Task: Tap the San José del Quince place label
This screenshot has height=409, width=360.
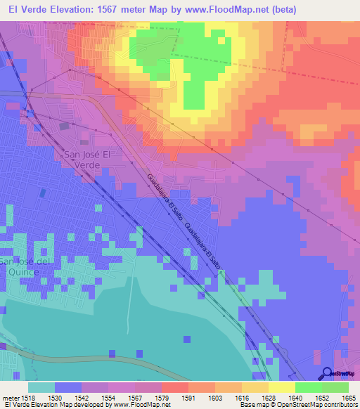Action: coord(25,268)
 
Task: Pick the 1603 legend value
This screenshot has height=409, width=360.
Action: coord(214,398)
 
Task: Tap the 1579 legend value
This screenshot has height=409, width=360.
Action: coord(162,398)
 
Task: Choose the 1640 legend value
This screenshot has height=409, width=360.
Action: coord(294,398)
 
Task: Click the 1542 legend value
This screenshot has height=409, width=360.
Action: coord(82,398)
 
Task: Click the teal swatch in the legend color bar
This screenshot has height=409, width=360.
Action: coord(41,387)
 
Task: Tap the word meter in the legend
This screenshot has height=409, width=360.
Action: coord(10,398)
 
